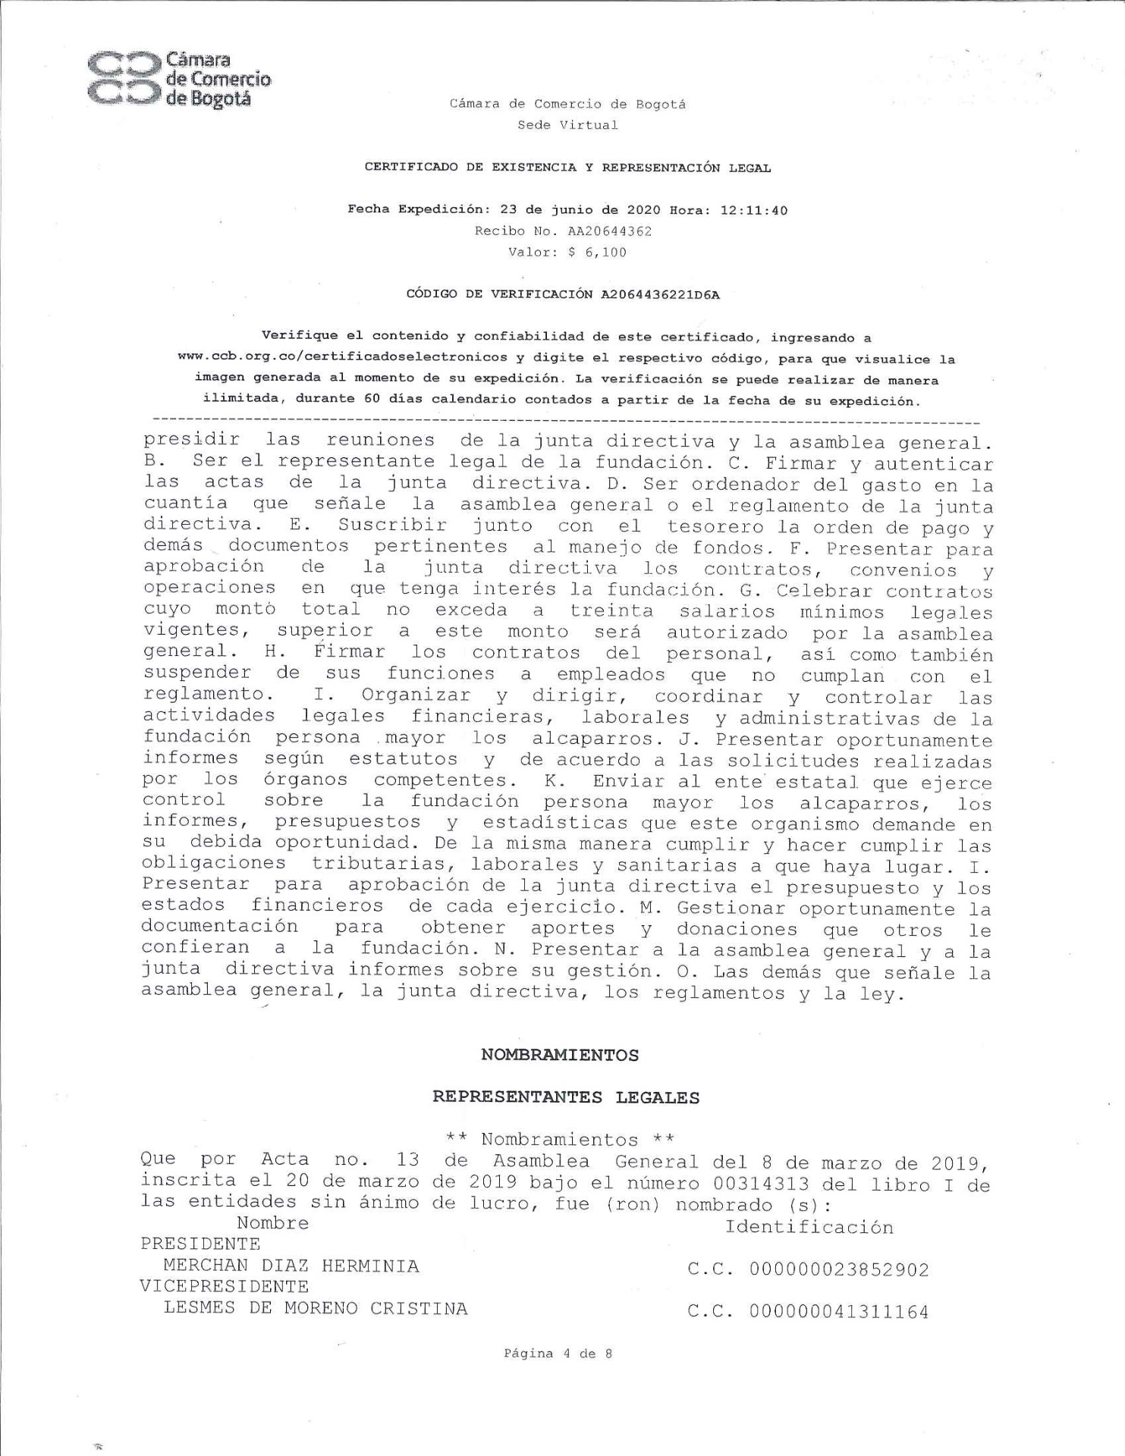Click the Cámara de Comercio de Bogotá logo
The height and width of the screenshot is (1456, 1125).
[178, 80]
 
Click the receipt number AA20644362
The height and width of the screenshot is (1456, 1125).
[610, 231]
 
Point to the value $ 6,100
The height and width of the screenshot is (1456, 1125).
[597, 253]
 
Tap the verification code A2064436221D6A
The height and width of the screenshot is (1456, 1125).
[660, 295]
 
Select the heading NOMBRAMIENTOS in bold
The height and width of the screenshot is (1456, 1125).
[560, 1055]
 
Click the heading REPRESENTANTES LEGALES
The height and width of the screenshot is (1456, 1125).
[566, 1097]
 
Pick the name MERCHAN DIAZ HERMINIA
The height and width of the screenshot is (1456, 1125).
[291, 1266]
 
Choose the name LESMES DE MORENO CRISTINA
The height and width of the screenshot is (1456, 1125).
[316, 1308]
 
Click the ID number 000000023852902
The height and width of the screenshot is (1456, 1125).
[838, 1269]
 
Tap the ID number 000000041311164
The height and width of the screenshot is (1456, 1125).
[838, 1312]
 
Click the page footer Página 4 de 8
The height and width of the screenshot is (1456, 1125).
[558, 1353]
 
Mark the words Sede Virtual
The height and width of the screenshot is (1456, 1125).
[567, 125]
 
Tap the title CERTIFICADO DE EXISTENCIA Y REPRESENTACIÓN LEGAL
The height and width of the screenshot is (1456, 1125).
[567, 168]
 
